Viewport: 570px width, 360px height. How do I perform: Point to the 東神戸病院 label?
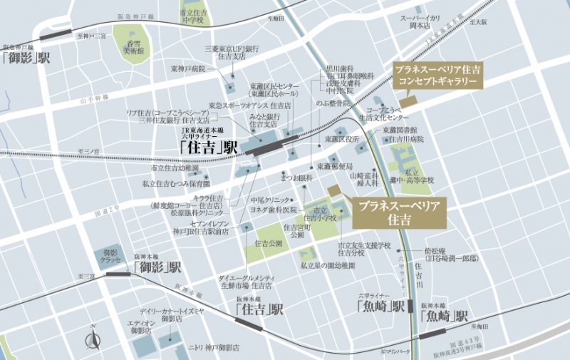[x=187, y=69]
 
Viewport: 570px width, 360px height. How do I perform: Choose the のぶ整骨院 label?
[x=341, y=103]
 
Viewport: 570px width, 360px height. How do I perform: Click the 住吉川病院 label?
[x=407, y=140]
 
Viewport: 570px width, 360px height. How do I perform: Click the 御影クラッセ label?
[x=110, y=257]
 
